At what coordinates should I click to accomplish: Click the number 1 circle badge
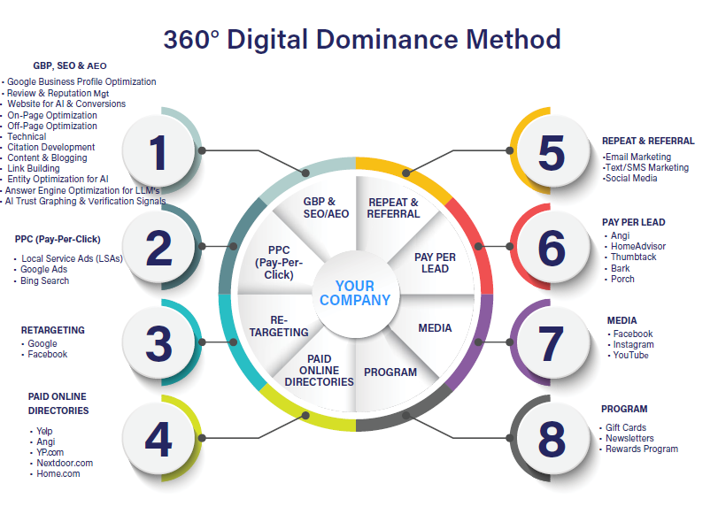pos(159,152)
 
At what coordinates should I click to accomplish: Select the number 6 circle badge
pos(551,249)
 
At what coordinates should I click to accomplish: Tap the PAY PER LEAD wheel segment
pos(435,263)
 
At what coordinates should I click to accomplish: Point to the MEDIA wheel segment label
pos(435,328)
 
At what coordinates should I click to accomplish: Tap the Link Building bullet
pos(34,168)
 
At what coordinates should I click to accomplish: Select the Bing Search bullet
pos(45,280)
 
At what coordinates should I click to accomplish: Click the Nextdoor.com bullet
pos(65,463)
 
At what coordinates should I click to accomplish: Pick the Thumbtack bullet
pos(634,257)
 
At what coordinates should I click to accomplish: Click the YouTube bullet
pos(631,356)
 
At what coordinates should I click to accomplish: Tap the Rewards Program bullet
pos(642,449)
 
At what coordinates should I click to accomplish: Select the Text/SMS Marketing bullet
pos(646,167)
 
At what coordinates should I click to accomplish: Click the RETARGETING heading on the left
pos(53,330)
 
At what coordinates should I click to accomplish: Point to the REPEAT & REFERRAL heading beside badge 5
pos(648,141)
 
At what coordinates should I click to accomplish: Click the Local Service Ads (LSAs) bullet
pos(72,258)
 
